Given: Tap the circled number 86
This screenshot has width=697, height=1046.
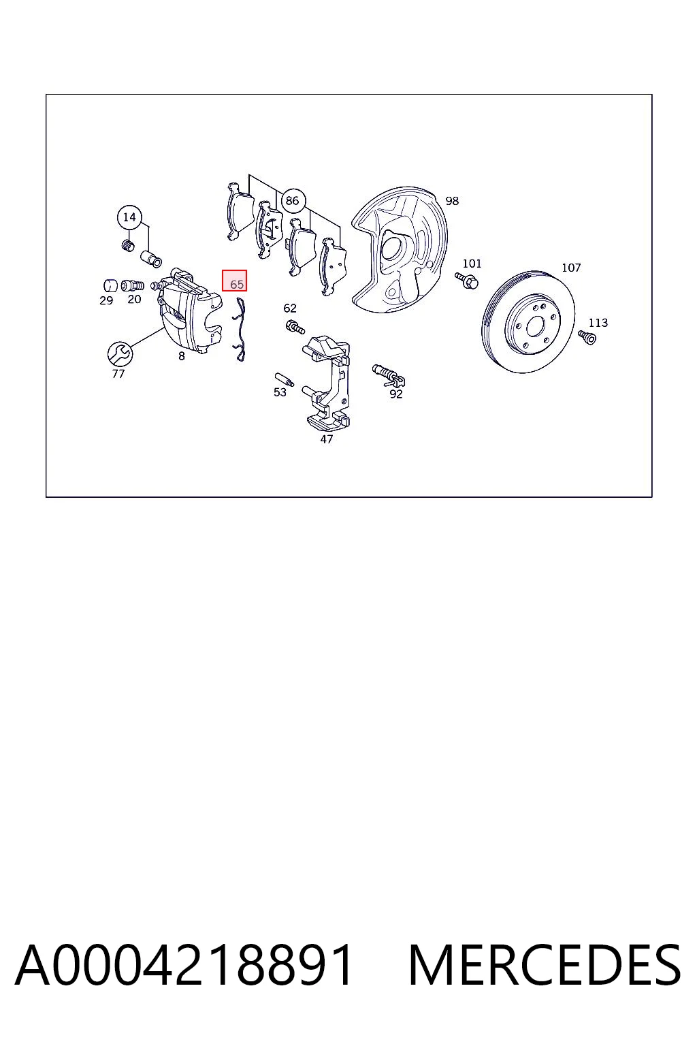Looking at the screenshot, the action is coord(292,201).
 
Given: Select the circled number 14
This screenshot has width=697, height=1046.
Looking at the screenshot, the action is coord(129,217).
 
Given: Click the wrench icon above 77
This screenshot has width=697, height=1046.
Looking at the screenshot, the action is coord(120,354).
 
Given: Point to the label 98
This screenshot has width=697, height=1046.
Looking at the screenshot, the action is coord(452,201).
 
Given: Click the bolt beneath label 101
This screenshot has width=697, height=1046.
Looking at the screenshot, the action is coord(467,280).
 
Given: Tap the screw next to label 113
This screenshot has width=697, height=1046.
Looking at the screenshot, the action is coord(587,336).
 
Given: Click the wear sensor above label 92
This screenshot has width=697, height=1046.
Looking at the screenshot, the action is coord(389,375).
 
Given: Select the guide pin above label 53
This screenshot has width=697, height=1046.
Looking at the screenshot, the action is coord(284,379).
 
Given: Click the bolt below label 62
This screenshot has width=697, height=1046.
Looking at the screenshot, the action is coord(295,326).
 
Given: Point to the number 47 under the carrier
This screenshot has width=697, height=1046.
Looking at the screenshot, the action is coord(326,439).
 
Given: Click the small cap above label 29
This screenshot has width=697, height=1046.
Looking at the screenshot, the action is coord(110,285).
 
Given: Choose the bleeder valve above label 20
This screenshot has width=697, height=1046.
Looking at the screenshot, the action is coord(133,285).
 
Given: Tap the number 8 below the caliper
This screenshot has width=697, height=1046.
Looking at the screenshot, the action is coord(181,356).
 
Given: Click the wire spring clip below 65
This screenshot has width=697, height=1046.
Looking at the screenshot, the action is coord(240,330).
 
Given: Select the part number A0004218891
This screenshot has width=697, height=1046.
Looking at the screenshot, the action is coord(184,964).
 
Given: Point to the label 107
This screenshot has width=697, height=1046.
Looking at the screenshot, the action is coord(571,268).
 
